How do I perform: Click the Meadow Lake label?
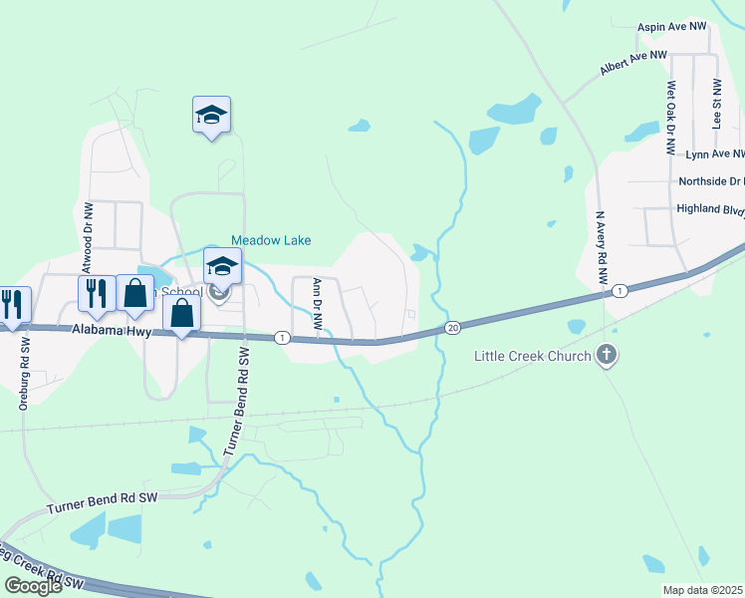tap(271, 240)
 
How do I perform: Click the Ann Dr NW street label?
tap(318, 303)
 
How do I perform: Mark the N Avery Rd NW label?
tap(601, 250)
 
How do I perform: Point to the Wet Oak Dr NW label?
tap(672, 118)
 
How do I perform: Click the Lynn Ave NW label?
tap(715, 154)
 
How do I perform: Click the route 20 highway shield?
tap(452, 328)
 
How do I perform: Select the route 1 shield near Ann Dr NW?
tap(283, 338)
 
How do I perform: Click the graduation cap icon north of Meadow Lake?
tap(211, 115)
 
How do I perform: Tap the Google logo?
tap(33, 586)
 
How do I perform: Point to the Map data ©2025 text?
tap(703, 590)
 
